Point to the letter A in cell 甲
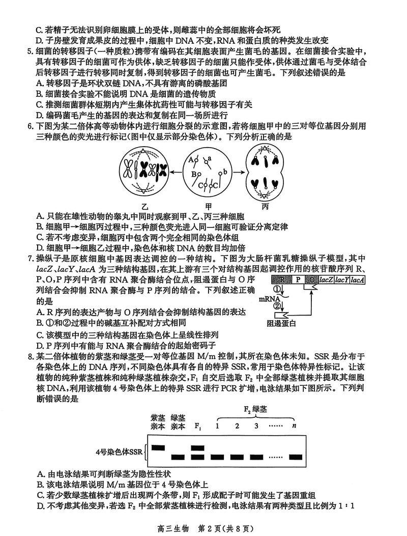(x=190, y=159)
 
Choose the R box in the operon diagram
(x=280, y=280)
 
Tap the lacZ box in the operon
(x=326, y=280)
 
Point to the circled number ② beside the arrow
(x=277, y=306)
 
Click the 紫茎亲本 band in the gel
(x=158, y=447)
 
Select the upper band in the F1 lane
(x=198, y=447)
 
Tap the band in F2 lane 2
(x=237, y=457)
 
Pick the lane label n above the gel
(x=293, y=426)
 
